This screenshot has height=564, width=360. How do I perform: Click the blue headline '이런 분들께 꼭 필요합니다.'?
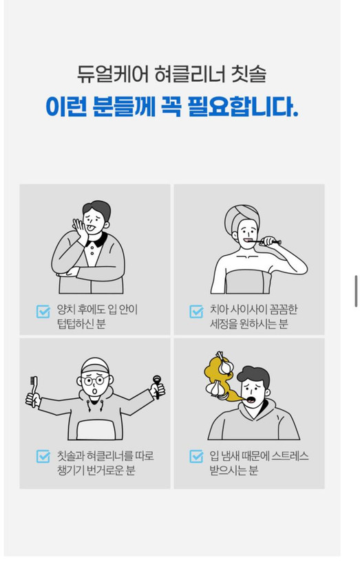coord(171,107)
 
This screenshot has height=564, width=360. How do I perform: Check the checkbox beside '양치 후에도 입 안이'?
coord(43,312)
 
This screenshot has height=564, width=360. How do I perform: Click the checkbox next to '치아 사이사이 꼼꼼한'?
coord(196,312)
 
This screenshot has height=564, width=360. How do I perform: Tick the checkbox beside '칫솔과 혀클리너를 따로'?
coord(43,456)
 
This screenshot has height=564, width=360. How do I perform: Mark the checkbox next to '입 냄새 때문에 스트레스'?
coord(196,456)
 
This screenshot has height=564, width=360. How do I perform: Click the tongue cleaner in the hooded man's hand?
coord(157,387)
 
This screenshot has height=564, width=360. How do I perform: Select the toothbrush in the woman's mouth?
coord(264,241)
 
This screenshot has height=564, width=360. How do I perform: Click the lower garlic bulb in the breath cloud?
coord(215,389)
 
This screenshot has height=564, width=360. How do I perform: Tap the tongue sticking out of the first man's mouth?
coord(92,228)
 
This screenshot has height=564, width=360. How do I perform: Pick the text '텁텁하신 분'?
coord(81,324)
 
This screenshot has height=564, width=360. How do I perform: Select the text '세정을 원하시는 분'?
coord(248,324)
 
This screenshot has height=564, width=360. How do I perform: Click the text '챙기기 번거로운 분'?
coord(96,470)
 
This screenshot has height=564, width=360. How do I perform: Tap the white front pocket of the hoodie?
coord(96,429)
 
